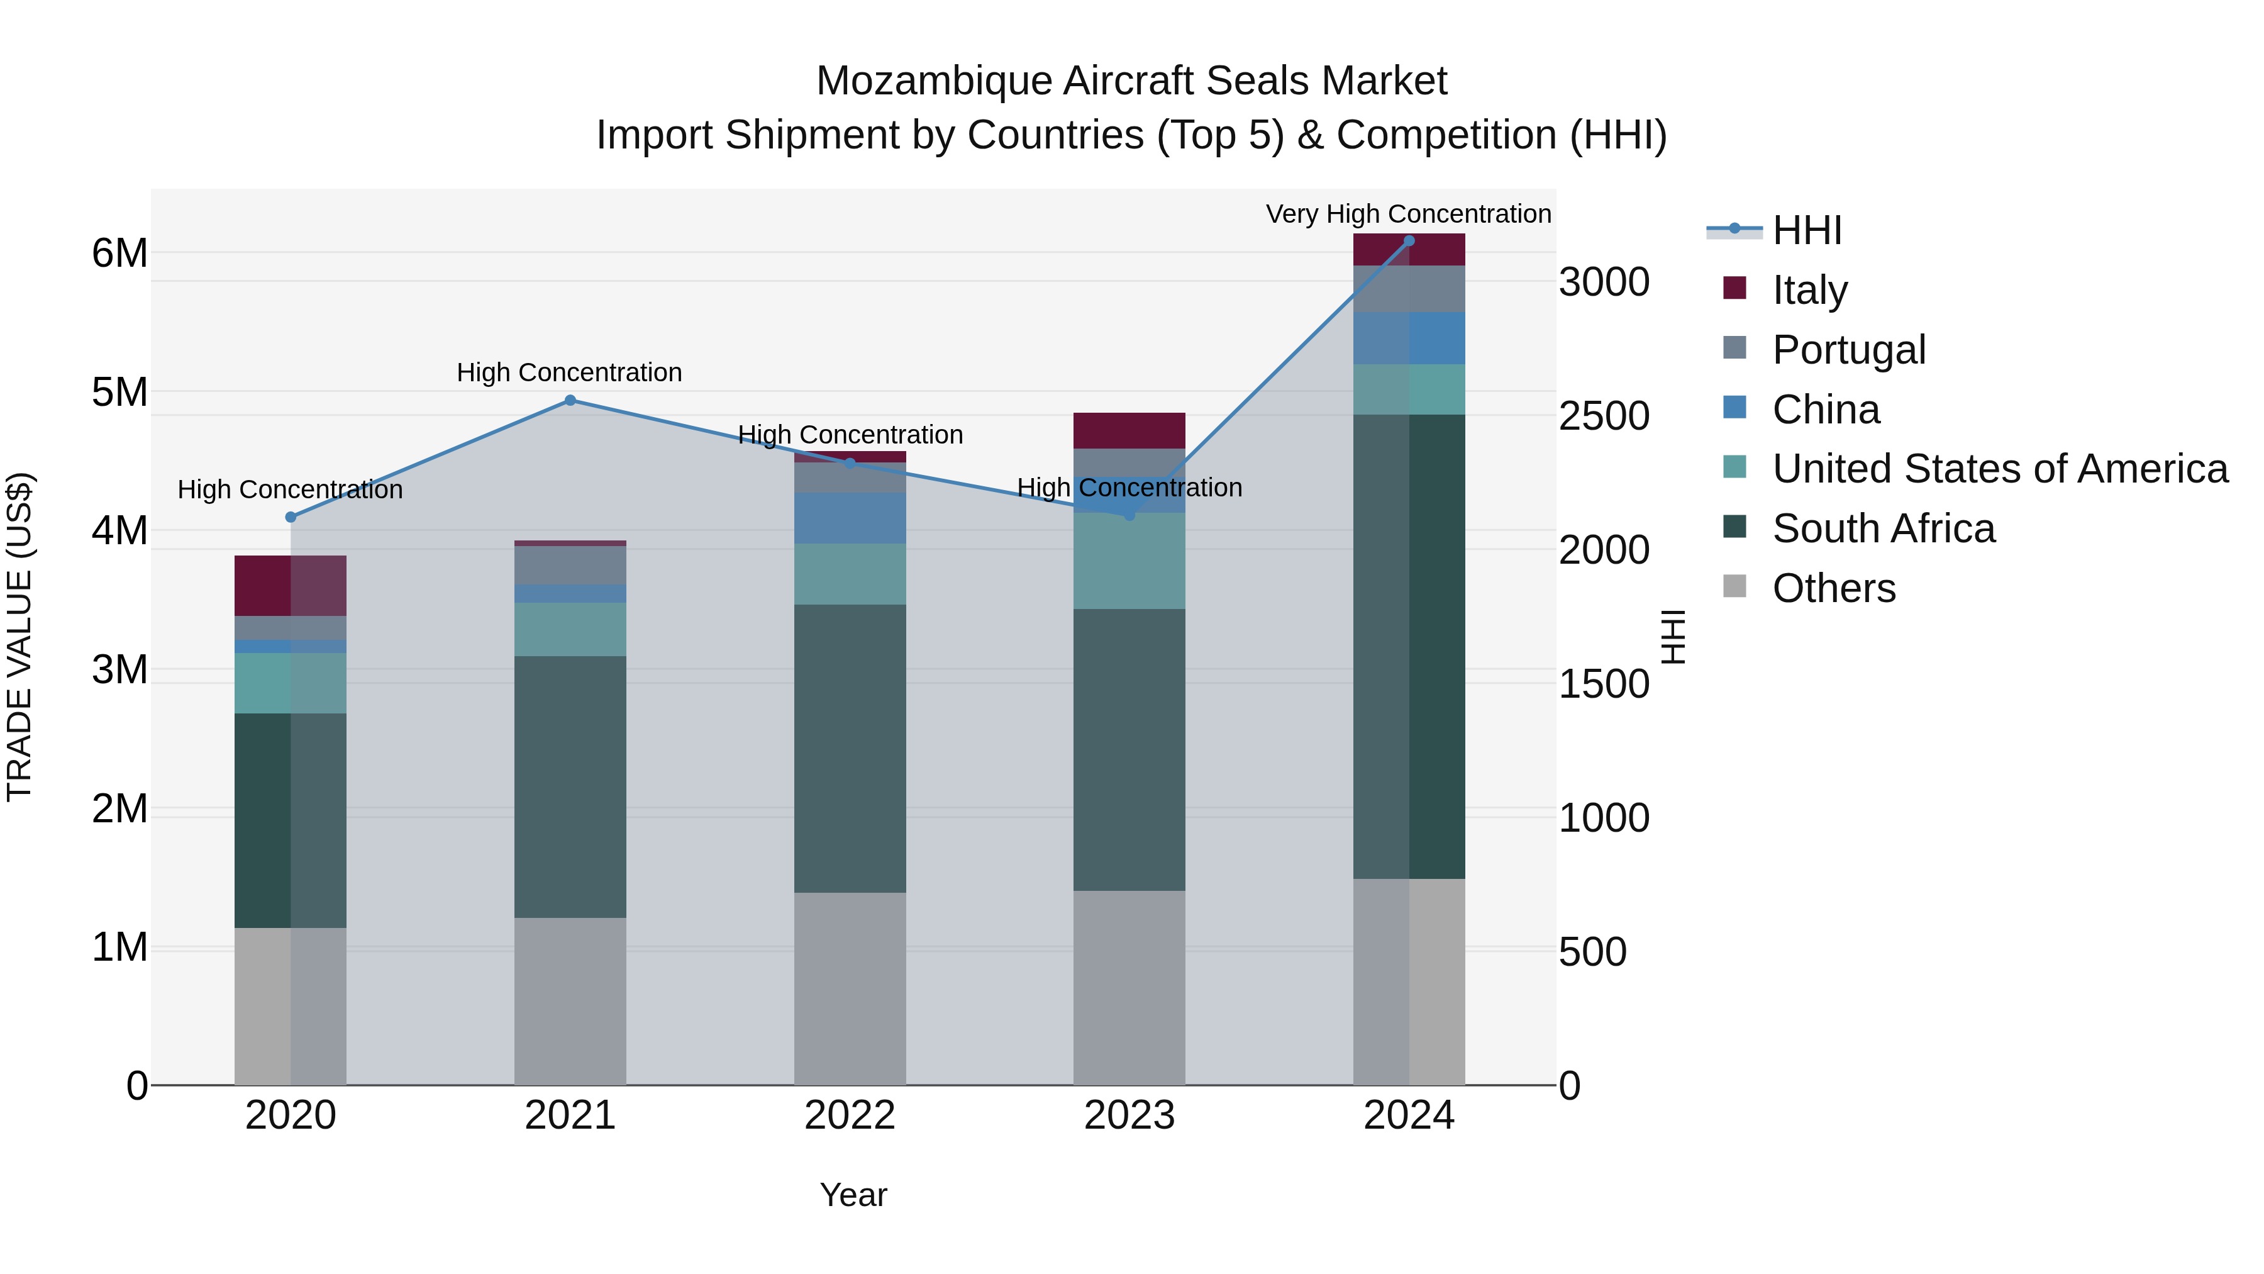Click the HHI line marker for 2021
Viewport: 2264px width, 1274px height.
click(570, 400)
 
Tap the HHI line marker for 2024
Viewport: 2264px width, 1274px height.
click(1409, 241)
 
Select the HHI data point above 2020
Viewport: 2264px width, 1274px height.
click(291, 517)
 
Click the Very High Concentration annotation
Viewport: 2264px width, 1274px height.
click(1408, 214)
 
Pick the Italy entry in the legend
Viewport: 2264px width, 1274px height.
click(1809, 289)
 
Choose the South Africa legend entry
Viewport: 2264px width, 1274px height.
click(1882, 528)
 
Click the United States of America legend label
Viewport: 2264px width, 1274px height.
click(1999, 469)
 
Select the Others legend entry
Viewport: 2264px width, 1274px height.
click(1833, 588)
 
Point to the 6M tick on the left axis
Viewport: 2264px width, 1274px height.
click(119, 253)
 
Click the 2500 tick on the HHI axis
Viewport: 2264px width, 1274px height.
click(1603, 416)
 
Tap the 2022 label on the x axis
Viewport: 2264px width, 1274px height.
click(849, 1115)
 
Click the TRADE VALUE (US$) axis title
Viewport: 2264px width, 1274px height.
click(20, 637)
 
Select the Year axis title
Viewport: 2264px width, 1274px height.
click(853, 1195)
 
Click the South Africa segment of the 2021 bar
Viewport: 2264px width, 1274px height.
click(570, 787)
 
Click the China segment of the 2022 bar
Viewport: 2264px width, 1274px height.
click(849, 518)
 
